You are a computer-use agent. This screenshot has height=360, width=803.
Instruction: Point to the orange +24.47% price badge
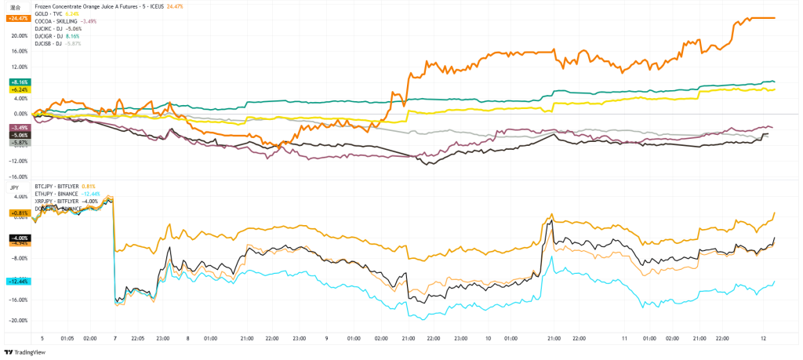tap(17, 17)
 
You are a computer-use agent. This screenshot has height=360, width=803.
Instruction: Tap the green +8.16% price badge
tap(18, 82)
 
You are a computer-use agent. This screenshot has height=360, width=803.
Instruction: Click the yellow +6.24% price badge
tap(18, 89)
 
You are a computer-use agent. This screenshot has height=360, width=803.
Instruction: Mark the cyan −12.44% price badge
tap(17, 281)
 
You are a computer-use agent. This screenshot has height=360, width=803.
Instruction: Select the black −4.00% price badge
tap(18, 237)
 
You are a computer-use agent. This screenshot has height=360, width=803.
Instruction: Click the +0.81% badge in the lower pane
tap(18, 213)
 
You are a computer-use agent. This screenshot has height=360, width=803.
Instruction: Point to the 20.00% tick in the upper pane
tap(18, 35)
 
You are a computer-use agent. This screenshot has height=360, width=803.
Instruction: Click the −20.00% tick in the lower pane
tap(18, 320)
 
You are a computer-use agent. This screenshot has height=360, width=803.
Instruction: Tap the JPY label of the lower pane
tap(14, 188)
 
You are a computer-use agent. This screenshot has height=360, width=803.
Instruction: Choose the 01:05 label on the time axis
tap(67, 339)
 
